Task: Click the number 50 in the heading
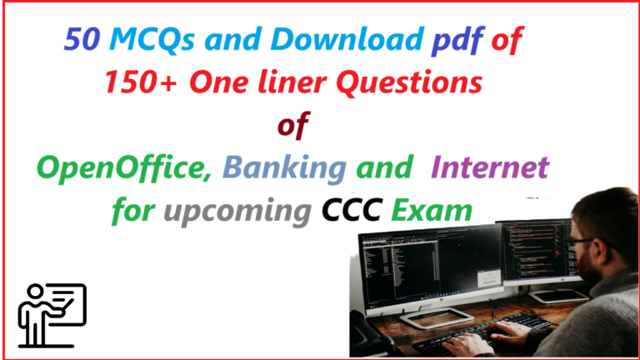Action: pyautogui.click(x=82, y=39)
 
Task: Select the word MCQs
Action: pyautogui.click(x=152, y=40)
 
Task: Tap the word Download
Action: pyautogui.click(x=347, y=39)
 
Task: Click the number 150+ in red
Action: pyautogui.click(x=141, y=82)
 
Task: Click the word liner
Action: pyautogui.click(x=292, y=82)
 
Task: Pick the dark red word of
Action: pyautogui.click(x=293, y=125)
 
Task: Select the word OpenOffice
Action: pyautogui.click(x=124, y=168)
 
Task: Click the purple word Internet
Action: pyautogui.click(x=490, y=167)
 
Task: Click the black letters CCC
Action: pyautogui.click(x=352, y=211)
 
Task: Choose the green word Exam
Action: pyautogui.click(x=432, y=211)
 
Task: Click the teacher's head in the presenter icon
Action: pyautogui.click(x=35, y=292)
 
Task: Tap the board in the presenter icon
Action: pyautogui.click(x=65, y=304)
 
